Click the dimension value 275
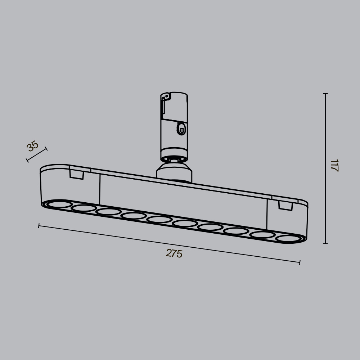(x=174, y=253)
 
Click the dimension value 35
(x=33, y=146)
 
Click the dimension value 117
(x=334, y=165)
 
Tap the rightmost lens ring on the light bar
(x=289, y=238)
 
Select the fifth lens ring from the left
(x=159, y=219)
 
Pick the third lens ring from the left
(x=108, y=212)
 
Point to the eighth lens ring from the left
(x=236, y=231)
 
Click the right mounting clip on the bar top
(x=285, y=206)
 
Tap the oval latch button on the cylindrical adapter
(x=182, y=129)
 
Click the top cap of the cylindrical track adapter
(x=174, y=94)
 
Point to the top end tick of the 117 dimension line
(x=325, y=94)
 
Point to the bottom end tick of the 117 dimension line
(x=325, y=244)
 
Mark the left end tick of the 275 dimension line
(x=39, y=226)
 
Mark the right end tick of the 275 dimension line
(x=300, y=262)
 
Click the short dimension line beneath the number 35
(x=37, y=154)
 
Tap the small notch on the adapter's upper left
(x=166, y=96)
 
